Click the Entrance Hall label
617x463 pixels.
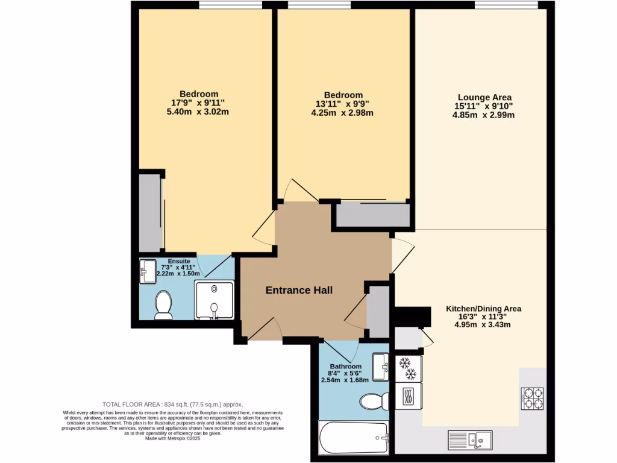(299, 291)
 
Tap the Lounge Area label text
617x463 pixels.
(484, 97)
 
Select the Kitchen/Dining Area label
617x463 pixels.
(483, 309)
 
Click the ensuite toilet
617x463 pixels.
(163, 305)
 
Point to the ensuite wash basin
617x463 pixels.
(148, 272)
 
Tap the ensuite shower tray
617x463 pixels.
(213, 300)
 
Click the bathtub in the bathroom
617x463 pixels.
(354, 439)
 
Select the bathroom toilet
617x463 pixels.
(375, 402)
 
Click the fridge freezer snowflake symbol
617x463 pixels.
(408, 368)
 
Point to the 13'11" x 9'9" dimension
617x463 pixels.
(343, 104)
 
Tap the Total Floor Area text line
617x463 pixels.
(172, 405)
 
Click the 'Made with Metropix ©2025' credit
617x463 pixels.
(172, 438)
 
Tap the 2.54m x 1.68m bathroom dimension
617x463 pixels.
(345, 381)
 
